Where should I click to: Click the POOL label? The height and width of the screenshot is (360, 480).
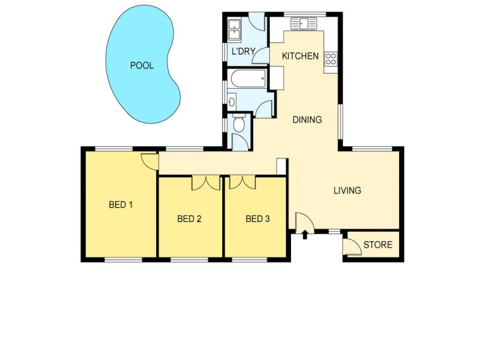pos(142,65)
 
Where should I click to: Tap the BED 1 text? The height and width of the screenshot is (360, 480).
pos(120,205)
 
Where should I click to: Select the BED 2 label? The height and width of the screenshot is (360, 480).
pos(189,219)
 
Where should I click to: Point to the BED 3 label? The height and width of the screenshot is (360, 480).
pos(257,219)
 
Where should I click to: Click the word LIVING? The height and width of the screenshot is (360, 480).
pos(347,191)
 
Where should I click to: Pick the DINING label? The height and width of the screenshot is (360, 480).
pos(307,119)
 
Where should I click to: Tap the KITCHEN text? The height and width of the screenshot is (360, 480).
pos(300,56)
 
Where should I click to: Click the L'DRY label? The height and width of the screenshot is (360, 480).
pos(244,52)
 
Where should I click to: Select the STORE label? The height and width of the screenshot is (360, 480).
pos(378,245)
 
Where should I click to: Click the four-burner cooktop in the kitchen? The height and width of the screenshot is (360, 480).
pos(331,59)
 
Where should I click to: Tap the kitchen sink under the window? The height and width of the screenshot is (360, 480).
pos(304,24)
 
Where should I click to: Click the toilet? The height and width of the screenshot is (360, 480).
pos(238,125)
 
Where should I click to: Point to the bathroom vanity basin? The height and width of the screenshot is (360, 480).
pos(232,100)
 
